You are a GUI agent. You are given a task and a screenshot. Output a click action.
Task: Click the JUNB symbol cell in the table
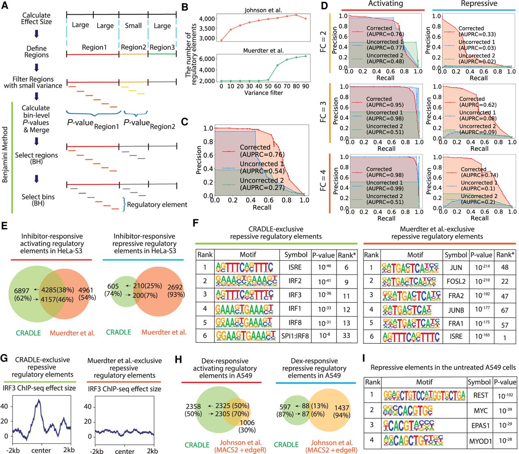[x=456, y=310]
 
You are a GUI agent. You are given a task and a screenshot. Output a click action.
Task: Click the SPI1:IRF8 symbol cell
[x=296, y=335]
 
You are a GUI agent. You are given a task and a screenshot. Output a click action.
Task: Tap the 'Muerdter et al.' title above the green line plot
[x=263, y=51]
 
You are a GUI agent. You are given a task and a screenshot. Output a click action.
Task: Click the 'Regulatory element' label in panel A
[x=157, y=205]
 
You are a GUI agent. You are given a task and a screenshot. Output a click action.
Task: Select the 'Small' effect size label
[x=133, y=26]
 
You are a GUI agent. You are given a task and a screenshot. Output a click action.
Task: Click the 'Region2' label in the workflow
[x=133, y=47]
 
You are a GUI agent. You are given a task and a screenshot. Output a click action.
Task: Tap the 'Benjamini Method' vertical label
[x=5, y=154]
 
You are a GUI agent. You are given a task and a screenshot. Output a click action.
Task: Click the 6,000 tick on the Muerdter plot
[x=209, y=59]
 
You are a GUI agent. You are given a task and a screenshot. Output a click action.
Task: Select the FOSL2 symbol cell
[x=456, y=281]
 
